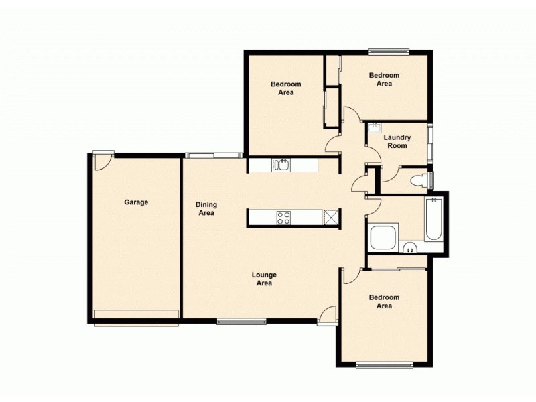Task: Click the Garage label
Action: (136, 202)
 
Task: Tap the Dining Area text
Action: (206, 209)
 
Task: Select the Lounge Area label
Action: (264, 279)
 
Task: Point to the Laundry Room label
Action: (397, 142)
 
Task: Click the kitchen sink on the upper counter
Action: (281, 165)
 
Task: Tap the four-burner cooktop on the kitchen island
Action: (283, 217)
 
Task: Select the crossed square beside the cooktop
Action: (331, 217)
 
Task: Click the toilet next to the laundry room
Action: (418, 179)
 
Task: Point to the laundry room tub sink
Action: (374, 128)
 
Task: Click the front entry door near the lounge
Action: (327, 314)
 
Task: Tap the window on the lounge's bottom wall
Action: (241, 322)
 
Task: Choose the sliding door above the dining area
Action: (213, 155)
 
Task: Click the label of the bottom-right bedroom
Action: (383, 301)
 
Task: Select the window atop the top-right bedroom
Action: (388, 50)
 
